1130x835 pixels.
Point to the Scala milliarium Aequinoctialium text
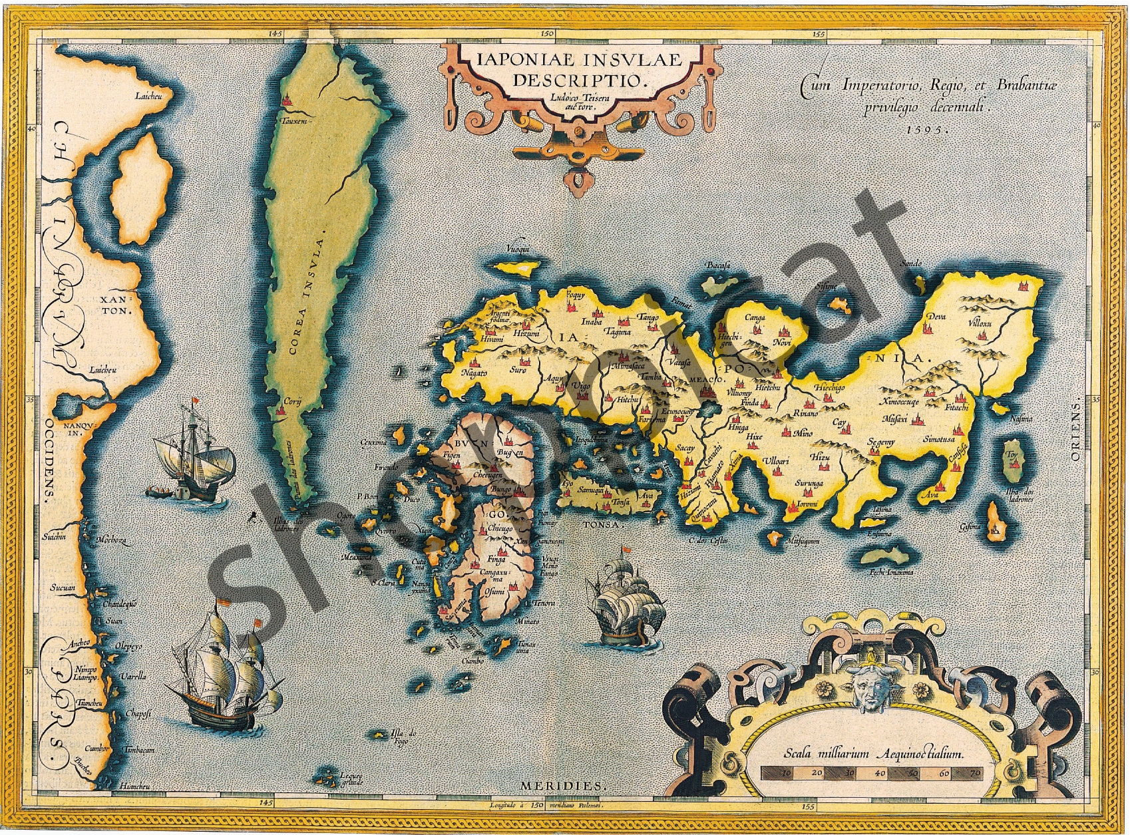click(x=873, y=754)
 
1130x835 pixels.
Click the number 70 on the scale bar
click(x=975, y=773)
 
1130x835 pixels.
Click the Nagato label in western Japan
click(x=474, y=373)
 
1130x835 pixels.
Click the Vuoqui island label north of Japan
click(x=518, y=250)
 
